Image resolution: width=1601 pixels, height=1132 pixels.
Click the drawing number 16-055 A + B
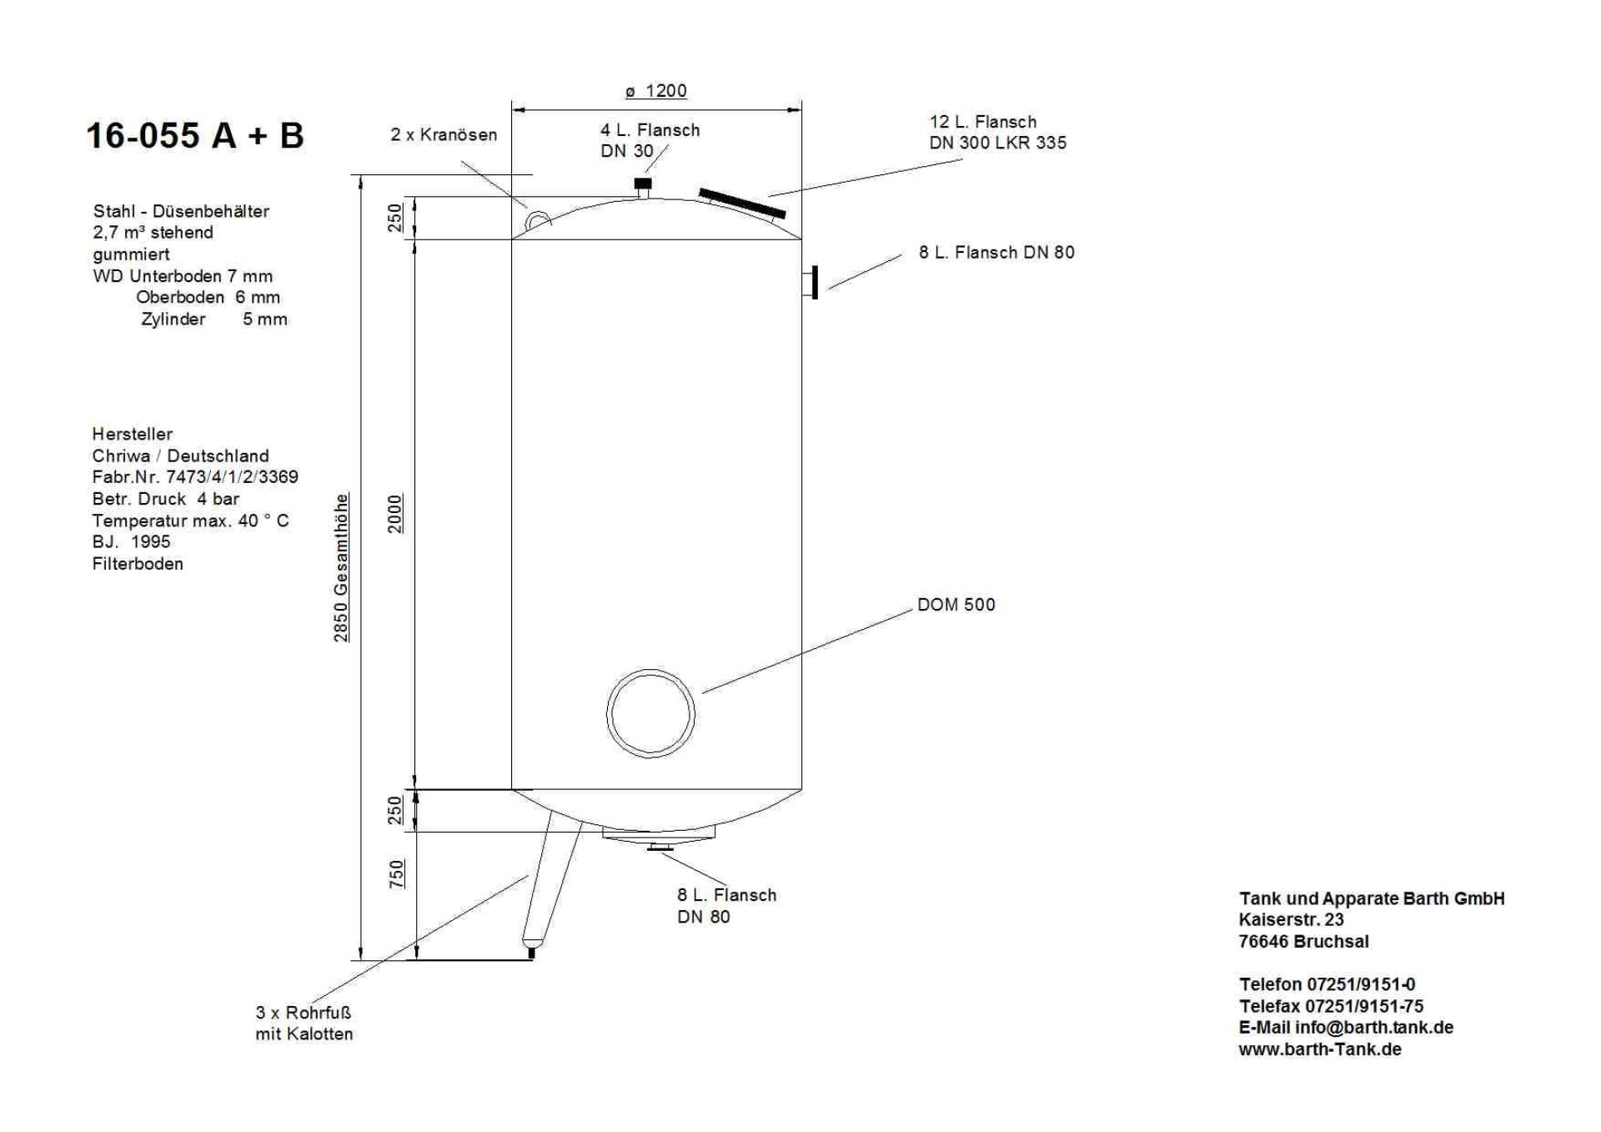tap(195, 135)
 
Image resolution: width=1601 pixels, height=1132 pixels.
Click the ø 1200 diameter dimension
tap(656, 91)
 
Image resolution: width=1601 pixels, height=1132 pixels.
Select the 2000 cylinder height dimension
tap(395, 513)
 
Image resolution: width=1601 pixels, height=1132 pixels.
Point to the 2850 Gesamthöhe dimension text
tap(342, 567)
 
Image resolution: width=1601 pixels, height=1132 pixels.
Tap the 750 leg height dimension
tap(397, 873)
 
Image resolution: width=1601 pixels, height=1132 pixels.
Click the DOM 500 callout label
tap(956, 605)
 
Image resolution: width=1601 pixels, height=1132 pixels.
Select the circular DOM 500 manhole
tap(650, 715)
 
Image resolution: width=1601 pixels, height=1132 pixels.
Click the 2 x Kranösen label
tap(444, 135)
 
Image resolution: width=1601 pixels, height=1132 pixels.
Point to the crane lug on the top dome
tap(538, 219)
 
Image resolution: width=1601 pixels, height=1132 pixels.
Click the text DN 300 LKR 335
tap(997, 143)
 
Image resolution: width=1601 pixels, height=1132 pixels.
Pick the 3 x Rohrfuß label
tap(304, 1013)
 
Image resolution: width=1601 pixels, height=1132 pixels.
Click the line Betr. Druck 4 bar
tap(166, 499)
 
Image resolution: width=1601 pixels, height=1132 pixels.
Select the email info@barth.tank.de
tap(1373, 1028)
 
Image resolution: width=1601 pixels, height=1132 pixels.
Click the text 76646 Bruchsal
tap(1303, 942)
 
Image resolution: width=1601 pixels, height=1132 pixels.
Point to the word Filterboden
tap(138, 564)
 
